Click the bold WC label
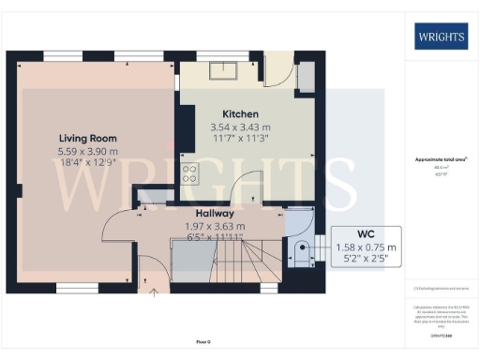tap(367, 234)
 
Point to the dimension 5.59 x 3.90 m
tap(84, 151)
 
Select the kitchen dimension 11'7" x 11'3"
tap(239, 138)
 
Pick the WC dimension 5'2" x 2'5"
tap(367, 260)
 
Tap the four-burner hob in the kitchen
tap(189, 173)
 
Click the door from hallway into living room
tap(117, 225)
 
